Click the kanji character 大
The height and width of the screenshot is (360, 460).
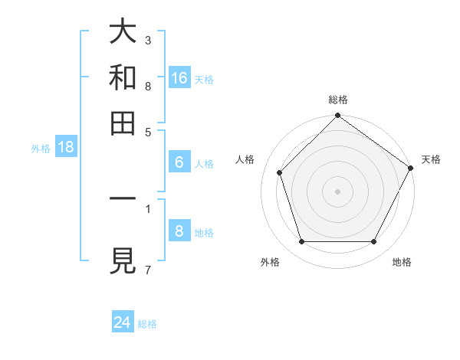click(x=123, y=31)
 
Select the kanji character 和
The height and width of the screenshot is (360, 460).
click(x=123, y=77)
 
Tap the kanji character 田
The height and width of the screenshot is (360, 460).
click(x=123, y=123)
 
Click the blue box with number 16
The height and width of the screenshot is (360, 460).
click(x=179, y=78)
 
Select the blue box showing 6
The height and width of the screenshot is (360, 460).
click(x=179, y=162)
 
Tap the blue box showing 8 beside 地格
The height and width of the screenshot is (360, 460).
click(x=179, y=231)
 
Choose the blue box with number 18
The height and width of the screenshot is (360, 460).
click(x=66, y=148)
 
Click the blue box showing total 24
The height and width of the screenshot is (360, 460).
click(x=123, y=323)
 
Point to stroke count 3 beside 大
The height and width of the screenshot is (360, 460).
click(x=148, y=39)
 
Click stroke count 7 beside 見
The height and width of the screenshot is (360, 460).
click(x=148, y=269)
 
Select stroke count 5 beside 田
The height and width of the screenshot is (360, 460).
click(x=148, y=131)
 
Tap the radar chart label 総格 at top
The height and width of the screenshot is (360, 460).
click(x=337, y=100)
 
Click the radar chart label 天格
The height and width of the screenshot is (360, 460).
click(x=431, y=159)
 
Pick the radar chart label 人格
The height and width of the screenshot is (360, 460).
click(x=245, y=159)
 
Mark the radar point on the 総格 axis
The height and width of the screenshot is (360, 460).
click(x=337, y=116)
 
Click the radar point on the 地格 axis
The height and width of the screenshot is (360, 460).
click(x=374, y=242)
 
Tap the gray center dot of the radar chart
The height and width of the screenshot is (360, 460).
click(x=337, y=191)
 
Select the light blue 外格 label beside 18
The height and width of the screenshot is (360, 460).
click(x=41, y=149)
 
